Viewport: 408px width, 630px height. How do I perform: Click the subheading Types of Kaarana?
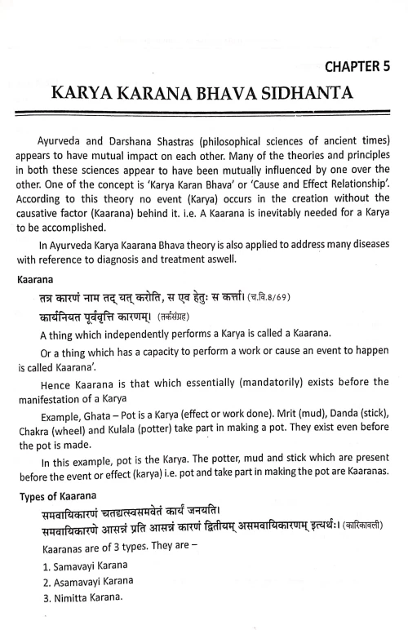(61, 495)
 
